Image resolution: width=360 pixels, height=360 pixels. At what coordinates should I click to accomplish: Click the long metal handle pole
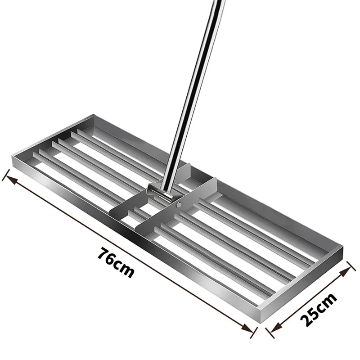pyautogui.click(x=193, y=90)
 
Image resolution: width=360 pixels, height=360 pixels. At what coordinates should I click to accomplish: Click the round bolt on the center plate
pyautogui.click(x=179, y=205)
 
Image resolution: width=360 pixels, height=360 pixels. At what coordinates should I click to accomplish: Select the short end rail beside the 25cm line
pyautogui.click(x=306, y=283)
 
